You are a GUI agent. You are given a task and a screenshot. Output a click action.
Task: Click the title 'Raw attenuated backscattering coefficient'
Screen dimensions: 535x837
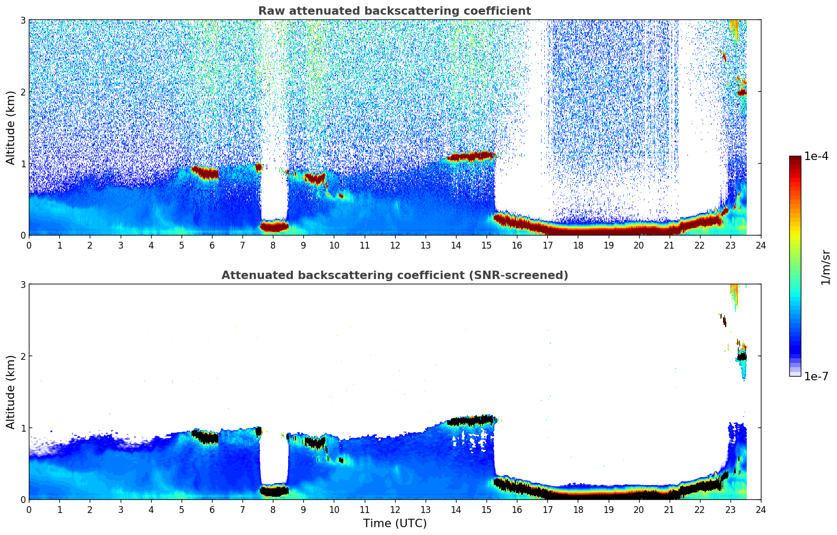[394, 11]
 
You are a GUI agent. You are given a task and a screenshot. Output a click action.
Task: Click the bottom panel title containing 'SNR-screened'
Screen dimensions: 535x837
[394, 275]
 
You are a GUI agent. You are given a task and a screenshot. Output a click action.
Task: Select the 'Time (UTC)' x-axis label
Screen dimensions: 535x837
[395, 523]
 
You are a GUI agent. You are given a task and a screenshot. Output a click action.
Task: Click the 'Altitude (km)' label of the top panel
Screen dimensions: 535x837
[10, 127]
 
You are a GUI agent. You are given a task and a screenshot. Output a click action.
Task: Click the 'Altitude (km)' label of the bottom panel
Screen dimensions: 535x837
[10, 392]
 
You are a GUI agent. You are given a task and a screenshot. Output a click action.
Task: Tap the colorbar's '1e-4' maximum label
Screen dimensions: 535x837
[816, 156]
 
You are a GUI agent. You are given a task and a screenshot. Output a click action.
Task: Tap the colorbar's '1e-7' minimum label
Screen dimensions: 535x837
[816, 376]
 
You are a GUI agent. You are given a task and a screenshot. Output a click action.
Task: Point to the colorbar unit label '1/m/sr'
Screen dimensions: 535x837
[825, 267]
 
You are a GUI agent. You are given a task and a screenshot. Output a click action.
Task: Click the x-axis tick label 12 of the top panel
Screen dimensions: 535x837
[395, 245]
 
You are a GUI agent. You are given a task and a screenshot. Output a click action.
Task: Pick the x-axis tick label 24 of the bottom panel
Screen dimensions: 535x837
[760, 509]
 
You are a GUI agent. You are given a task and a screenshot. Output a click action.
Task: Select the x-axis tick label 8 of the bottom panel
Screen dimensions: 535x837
[273, 509]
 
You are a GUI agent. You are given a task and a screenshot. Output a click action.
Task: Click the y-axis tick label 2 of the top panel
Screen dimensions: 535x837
[23, 92]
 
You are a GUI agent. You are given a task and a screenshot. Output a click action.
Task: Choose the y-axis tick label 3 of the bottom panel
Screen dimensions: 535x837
[23, 284]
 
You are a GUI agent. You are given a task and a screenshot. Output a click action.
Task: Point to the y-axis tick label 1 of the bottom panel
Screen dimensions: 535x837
[23, 428]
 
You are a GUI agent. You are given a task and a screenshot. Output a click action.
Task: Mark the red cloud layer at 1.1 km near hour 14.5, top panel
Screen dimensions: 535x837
[470, 156]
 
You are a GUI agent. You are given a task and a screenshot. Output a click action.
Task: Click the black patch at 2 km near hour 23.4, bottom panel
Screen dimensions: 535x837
[741, 357]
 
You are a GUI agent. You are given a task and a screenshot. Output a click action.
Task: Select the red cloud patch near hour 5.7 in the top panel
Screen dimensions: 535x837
[205, 173]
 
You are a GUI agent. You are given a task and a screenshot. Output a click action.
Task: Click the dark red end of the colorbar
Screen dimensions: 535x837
[794, 160]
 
